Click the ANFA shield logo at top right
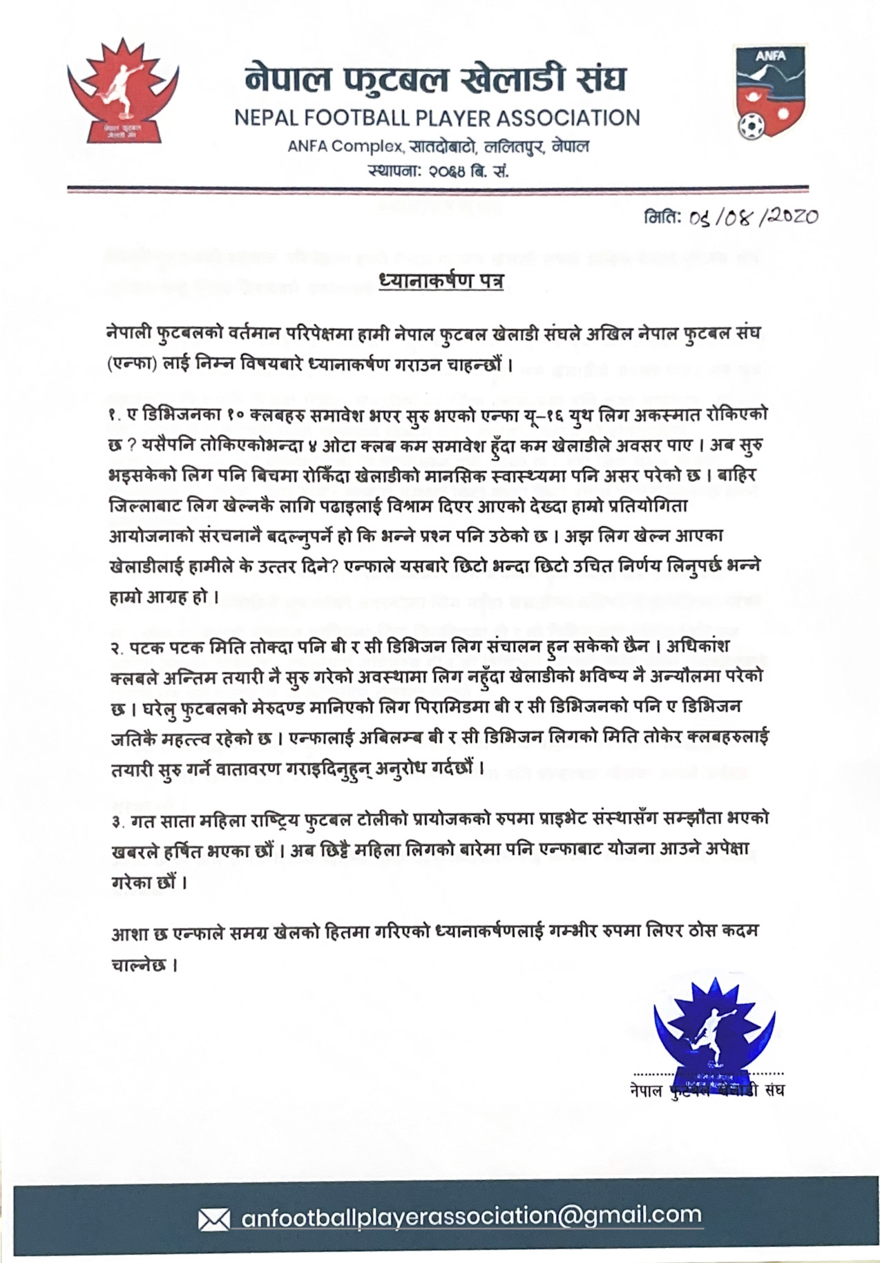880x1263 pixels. coord(769,90)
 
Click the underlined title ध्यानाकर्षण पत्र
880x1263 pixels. coord(441,283)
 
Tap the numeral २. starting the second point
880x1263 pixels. coord(117,648)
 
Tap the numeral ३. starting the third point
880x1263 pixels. coord(117,820)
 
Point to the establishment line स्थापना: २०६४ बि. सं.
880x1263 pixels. coord(439,171)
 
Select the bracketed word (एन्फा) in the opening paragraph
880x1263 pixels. coord(131,364)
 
